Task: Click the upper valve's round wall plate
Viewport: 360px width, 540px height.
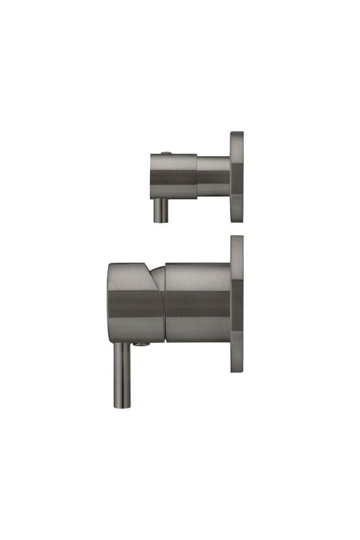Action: coord(236,177)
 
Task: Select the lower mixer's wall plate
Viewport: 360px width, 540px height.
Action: coord(236,304)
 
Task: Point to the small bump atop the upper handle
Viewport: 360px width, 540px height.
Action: coord(167,152)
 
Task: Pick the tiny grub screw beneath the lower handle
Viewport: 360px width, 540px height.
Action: coord(140,344)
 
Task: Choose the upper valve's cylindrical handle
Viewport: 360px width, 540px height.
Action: coord(173,176)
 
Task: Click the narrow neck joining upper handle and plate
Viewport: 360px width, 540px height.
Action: coord(213,177)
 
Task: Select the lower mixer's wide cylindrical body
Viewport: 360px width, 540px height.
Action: coord(197,302)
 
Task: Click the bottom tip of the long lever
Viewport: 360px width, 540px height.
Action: coord(119,406)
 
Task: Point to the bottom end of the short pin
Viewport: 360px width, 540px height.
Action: coord(161,220)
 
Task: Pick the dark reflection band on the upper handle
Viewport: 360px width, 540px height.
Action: coord(173,179)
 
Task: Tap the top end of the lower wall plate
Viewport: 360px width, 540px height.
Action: coord(236,238)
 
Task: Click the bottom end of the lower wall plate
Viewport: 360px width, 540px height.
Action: coord(236,371)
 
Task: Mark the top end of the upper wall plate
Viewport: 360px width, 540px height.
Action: coord(236,134)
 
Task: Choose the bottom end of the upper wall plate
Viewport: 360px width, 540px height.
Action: coord(236,220)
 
